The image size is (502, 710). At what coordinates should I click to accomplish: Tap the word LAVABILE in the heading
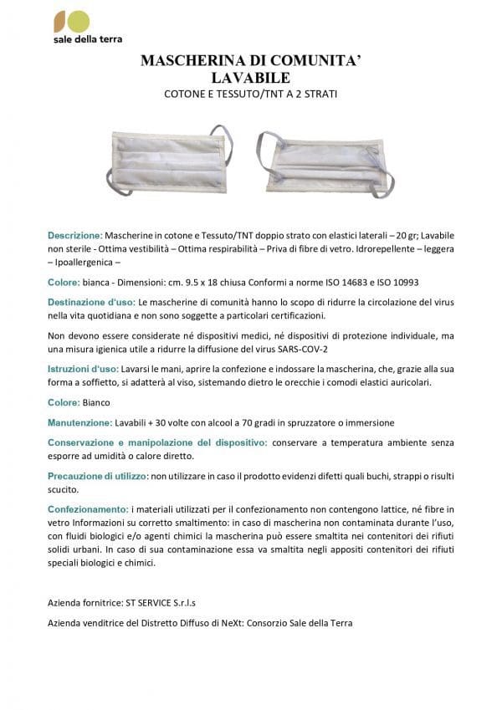[250, 78]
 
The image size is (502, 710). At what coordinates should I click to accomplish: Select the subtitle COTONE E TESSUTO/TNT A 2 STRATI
[250, 94]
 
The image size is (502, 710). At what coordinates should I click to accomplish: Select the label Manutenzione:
[79, 422]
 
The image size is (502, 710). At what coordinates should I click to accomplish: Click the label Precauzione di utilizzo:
[96, 476]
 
